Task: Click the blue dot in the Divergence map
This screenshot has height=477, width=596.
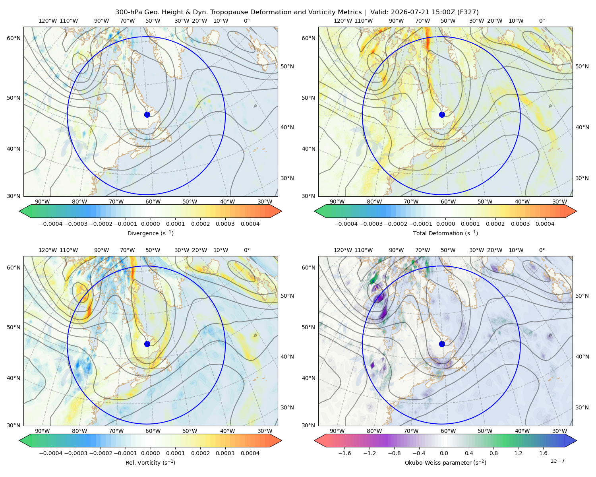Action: coord(147,115)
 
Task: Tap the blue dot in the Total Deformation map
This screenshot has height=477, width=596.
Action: coord(442,115)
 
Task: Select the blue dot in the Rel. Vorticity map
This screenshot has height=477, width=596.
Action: coord(147,344)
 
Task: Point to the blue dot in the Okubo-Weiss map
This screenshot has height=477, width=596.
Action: coord(442,344)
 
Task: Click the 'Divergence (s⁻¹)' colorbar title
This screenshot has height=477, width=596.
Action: coord(150,233)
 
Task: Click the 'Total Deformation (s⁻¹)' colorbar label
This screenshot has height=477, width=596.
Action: coord(445,233)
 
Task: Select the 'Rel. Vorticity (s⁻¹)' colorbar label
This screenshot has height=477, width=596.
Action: coord(150,463)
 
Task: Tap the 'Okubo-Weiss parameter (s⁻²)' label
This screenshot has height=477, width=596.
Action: coord(445,463)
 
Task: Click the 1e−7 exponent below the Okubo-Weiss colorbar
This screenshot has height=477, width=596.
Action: coord(557,461)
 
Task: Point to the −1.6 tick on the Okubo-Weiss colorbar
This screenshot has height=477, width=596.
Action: coord(345,453)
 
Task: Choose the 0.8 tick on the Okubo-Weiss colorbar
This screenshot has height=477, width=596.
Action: coord(493,453)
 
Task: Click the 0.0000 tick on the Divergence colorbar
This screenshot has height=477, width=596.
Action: coord(150,224)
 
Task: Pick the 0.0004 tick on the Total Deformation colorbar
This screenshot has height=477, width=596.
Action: coord(545,224)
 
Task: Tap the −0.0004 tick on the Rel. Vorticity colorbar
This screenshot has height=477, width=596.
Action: coord(51,453)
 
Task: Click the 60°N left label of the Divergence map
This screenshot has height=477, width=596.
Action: coord(14,38)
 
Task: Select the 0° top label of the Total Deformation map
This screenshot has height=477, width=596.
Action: coord(542,21)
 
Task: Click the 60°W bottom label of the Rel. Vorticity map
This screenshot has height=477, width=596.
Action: coord(153,431)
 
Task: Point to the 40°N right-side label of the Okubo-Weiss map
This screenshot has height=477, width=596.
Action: coord(582,357)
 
